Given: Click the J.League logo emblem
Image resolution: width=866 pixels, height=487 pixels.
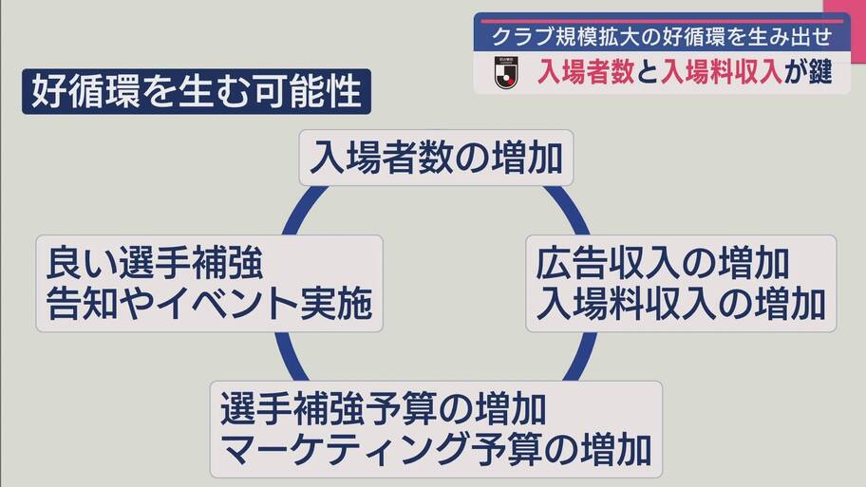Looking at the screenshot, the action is point(506,72).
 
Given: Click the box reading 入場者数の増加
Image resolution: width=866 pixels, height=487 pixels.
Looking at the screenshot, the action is point(436,158).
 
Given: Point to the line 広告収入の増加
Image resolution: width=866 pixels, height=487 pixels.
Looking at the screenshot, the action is point(662,263).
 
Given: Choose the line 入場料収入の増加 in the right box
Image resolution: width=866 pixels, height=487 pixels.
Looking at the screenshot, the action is point(681,304).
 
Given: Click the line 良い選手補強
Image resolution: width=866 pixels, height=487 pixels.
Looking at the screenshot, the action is point(154,263).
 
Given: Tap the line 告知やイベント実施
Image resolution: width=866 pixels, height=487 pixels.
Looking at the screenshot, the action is point(209,304).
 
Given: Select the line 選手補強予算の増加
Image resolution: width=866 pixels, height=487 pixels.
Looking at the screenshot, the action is point(384,409).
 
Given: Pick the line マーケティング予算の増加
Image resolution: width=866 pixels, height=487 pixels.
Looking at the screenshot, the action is point(436,450).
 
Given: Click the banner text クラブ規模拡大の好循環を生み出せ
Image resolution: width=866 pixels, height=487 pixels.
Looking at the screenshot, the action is point(662,37).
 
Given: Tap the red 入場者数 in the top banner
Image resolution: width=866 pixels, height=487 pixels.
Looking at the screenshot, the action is point(586,72).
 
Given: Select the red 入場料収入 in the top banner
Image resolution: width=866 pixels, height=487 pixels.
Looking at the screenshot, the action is point(722,72).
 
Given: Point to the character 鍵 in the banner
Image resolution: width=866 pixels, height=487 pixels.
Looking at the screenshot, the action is point(820,72).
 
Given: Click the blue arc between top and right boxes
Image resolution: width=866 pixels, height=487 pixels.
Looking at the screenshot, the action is point(569,208).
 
